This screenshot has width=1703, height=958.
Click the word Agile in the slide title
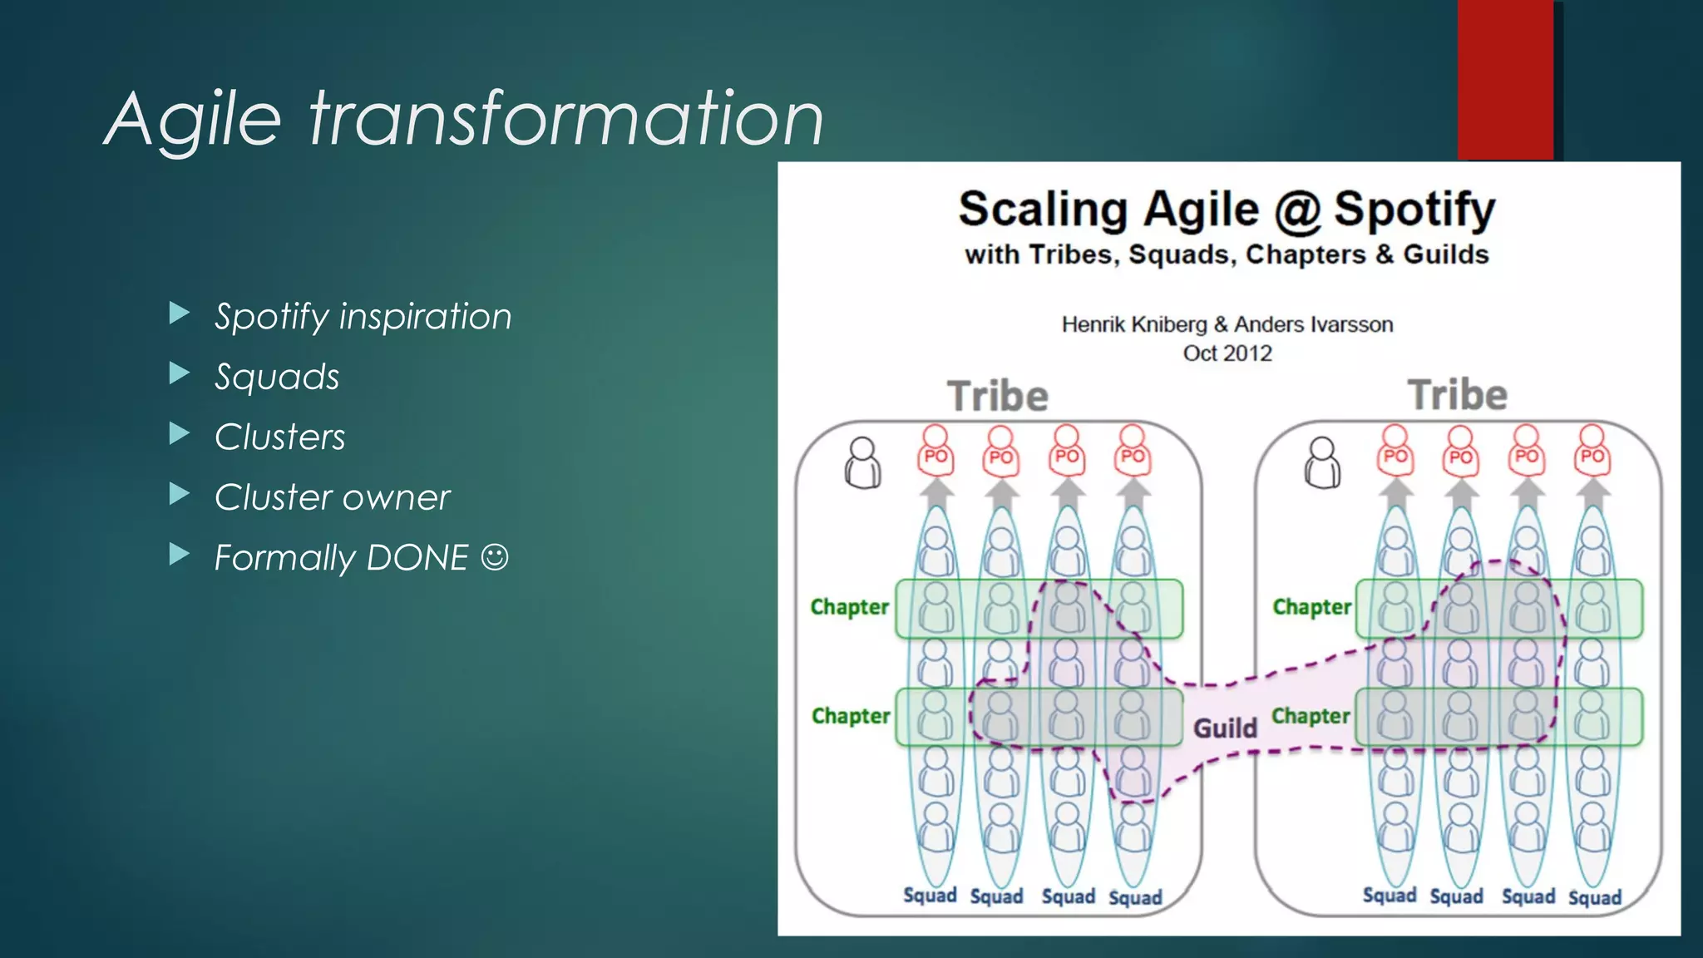pos(194,119)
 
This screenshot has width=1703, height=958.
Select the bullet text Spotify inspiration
pos(363,316)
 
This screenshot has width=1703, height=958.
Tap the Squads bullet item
pos(277,377)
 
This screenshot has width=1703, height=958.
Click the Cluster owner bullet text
pos(332,497)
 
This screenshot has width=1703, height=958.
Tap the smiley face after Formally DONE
pos(495,557)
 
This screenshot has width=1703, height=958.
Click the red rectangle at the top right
pos(1505,79)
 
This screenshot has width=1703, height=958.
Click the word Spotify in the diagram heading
pos(1414,209)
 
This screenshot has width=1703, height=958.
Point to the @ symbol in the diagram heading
pos(1297,210)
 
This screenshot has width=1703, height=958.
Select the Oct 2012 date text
pos(1227,353)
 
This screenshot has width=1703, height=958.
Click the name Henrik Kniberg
pos(1133,324)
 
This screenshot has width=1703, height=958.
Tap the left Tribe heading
pos(998,396)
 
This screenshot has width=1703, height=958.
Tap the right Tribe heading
pos(1457,394)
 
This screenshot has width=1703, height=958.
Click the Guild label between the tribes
pos(1225,728)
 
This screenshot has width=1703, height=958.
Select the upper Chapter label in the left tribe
pos(850,607)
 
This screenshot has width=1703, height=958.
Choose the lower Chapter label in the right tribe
pos(1311,716)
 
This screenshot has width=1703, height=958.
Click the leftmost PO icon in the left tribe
pos(935,452)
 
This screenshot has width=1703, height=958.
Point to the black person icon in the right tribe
pos(1322,464)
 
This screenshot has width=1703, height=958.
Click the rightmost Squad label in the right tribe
pos(1594,897)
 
